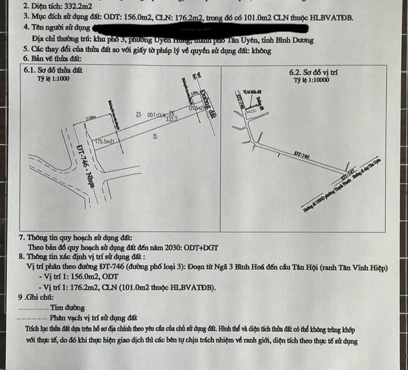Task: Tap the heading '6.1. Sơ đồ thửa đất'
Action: point(54,70)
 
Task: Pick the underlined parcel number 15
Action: point(155,136)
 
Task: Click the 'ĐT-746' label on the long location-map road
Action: point(303,154)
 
